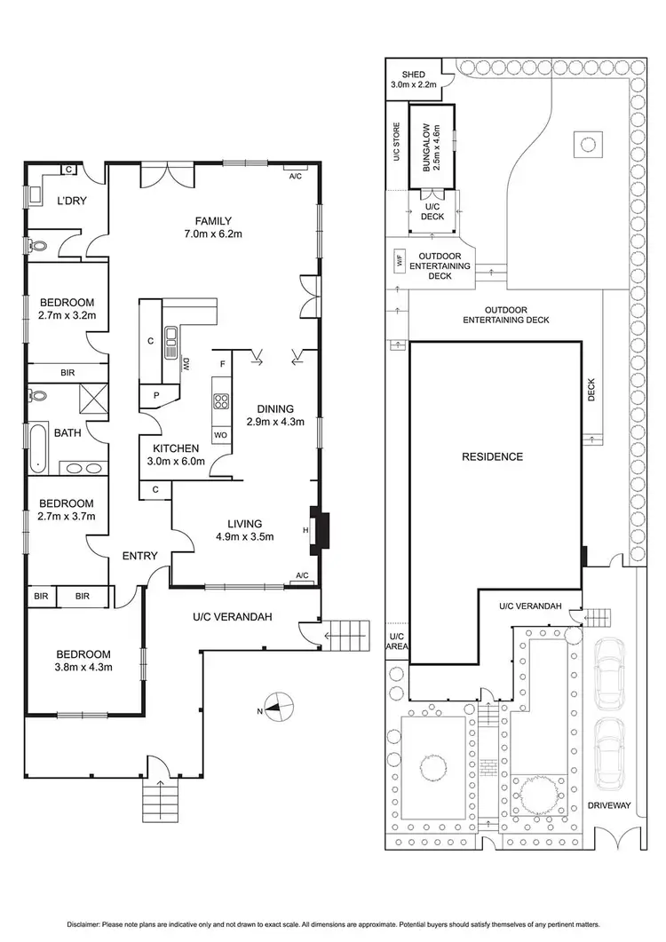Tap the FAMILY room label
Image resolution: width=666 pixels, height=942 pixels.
(x=213, y=221)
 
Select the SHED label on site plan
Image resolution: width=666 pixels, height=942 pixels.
(x=414, y=75)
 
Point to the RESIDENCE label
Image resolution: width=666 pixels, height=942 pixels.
(x=492, y=457)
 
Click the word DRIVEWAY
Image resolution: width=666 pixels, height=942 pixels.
(x=608, y=806)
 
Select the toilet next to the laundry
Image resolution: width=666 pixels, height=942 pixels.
(x=36, y=245)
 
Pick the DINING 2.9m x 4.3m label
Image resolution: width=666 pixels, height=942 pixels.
(x=275, y=416)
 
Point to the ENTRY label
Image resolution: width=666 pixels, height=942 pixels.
(x=139, y=556)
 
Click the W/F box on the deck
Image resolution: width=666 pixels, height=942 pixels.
(x=399, y=262)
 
